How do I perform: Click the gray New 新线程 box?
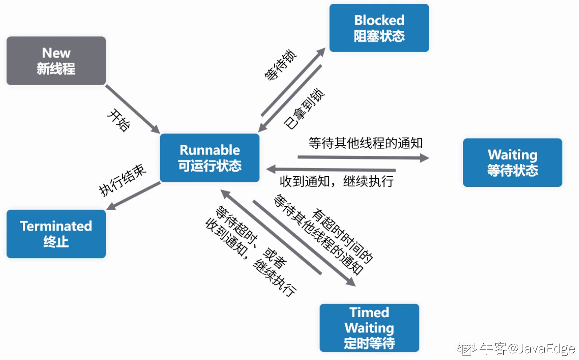click(56, 61)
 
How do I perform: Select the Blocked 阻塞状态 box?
click(379, 28)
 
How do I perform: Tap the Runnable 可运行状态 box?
click(210, 158)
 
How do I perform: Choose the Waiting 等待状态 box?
click(513, 162)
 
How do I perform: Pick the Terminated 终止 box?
click(56, 234)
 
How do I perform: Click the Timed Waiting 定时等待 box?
click(369, 328)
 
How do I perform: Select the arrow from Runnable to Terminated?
click(133, 196)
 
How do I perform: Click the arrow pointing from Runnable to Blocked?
click(293, 82)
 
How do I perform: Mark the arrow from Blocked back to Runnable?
click(290, 98)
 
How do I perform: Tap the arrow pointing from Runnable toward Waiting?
click(364, 158)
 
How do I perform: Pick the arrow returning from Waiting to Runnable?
click(331, 170)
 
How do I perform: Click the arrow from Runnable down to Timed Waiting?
click(304, 244)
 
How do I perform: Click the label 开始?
click(119, 120)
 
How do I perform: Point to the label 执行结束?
click(122, 180)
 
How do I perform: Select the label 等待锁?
click(281, 65)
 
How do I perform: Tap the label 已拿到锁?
click(304, 108)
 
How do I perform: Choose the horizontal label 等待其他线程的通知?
click(366, 143)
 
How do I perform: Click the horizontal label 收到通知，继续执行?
click(336, 181)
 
